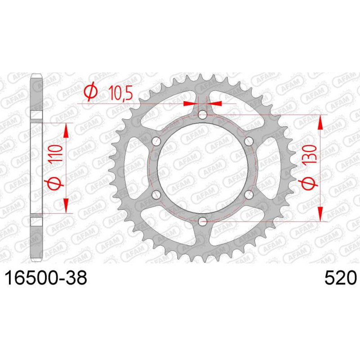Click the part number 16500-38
pyautogui.click(x=46, y=278)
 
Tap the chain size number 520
pyautogui.click(x=341, y=278)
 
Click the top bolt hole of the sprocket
pyautogui.click(x=202, y=115)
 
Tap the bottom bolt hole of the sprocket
pyautogui.click(x=202, y=222)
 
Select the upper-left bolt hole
pyautogui.click(x=156, y=141)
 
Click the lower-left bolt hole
pyautogui.click(x=156, y=195)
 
